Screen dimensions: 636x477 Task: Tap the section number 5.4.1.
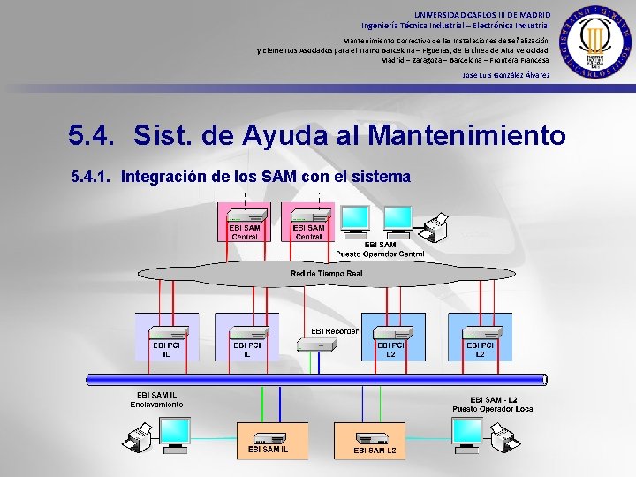pos(92,177)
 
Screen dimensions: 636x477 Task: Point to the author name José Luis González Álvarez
pos(506,75)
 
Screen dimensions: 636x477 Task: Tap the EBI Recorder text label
pos(335,331)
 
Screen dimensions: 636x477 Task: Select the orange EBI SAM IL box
pos(272,440)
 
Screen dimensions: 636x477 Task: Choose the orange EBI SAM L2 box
pos(369,440)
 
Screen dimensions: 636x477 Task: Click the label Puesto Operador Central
pos(380,254)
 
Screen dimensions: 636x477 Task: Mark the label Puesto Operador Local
pos(494,409)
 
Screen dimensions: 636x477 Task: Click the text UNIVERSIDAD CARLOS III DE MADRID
pos(482,15)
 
